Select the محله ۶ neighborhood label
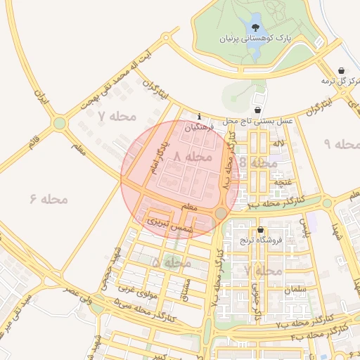click(49, 199)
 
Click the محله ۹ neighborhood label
click(342, 144)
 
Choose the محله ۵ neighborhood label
click(172, 262)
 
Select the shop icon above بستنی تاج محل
click(257, 110)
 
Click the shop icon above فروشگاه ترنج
click(261, 230)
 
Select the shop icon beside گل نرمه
click(342, 71)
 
